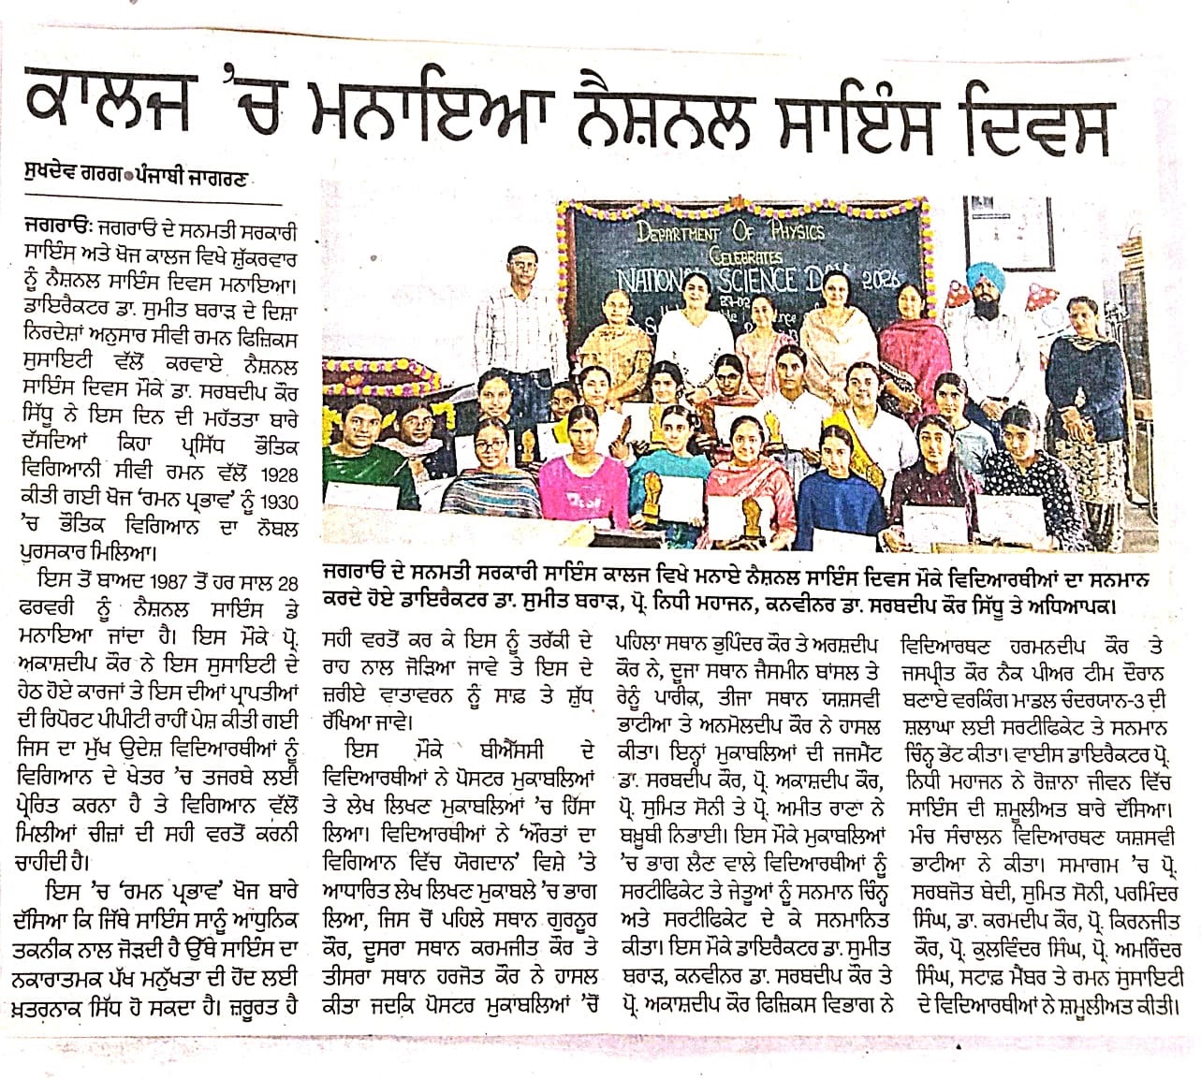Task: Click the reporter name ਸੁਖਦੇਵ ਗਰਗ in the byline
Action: pos(75,175)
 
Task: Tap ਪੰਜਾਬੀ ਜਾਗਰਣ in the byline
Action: pos(198,175)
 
